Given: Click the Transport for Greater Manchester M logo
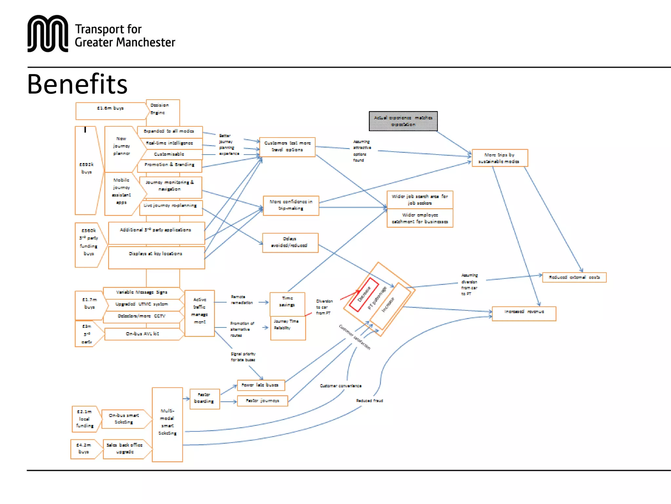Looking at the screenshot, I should point(48,33).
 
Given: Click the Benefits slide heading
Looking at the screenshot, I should point(77,84).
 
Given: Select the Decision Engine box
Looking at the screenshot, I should point(163,109).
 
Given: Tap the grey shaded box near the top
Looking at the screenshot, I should point(403,121).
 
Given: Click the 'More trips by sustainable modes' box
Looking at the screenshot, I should point(500,158).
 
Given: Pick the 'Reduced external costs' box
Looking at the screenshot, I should point(574,277).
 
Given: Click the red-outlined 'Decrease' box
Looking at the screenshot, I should point(364,294).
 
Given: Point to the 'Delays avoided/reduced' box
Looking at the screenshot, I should point(290,242).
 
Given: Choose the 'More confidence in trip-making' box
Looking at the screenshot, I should point(291,205).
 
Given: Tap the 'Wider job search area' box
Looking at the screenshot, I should point(420,199).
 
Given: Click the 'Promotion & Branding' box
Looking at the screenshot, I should point(169,165).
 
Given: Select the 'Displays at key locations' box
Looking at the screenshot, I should point(156,257).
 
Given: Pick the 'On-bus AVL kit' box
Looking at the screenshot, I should point(143,334).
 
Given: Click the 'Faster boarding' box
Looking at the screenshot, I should point(204,398).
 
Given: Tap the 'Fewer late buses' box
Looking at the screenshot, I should point(261,385).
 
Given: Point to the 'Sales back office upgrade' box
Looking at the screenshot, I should point(124,449).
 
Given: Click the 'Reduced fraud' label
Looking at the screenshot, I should point(370,401).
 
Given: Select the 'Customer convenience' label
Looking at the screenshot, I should point(341,386).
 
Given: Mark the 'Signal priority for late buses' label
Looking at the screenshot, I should point(243,357).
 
